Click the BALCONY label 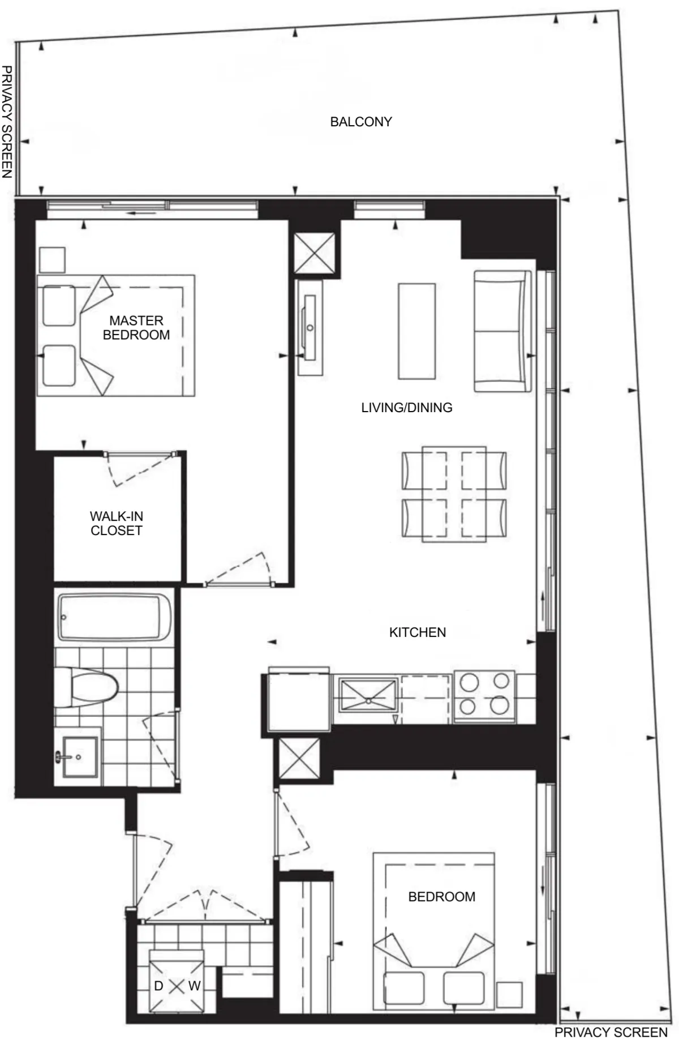(x=361, y=122)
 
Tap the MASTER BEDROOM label (x=136, y=328)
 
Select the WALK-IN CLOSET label (x=117, y=523)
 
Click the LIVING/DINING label (x=406, y=407)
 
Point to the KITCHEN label (x=417, y=632)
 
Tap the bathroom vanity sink (x=78, y=757)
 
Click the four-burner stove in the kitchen (x=484, y=697)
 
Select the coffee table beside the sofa (x=416, y=331)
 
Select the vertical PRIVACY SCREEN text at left (x=7, y=122)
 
